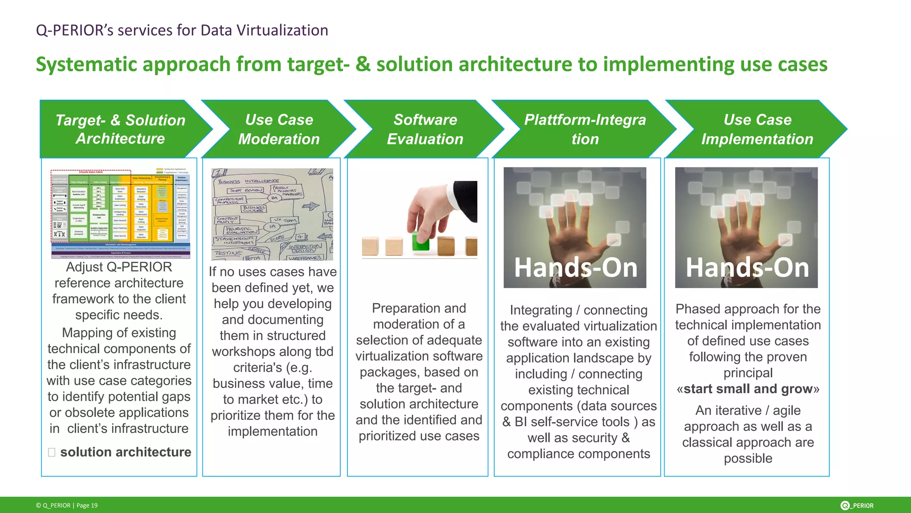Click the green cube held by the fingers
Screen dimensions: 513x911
tap(420, 241)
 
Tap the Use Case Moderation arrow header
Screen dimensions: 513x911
tap(279, 129)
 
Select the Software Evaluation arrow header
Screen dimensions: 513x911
tap(425, 129)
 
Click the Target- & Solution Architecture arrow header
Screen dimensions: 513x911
tap(120, 129)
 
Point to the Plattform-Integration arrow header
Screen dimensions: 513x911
tap(584, 129)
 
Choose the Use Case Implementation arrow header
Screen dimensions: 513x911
tap(757, 129)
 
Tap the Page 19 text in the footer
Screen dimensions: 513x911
tap(87, 505)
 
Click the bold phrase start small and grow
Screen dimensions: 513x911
tap(748, 389)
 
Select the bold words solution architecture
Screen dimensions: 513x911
tap(125, 452)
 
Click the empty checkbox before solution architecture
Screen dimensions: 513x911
tap(52, 452)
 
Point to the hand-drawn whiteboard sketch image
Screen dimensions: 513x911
tap(272, 214)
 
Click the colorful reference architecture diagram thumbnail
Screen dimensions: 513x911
tap(121, 213)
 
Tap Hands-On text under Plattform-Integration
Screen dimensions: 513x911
tap(576, 268)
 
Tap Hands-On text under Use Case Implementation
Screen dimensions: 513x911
tap(747, 268)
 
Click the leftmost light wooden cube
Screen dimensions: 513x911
tap(370, 246)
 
